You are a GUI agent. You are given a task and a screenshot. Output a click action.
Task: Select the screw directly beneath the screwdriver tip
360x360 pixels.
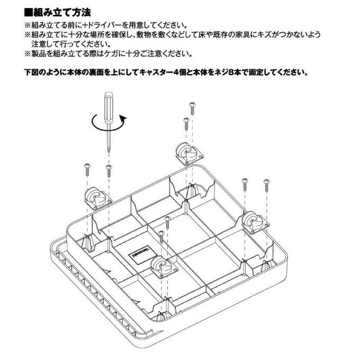click(109, 170)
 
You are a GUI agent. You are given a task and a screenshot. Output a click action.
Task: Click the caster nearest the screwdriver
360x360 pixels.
click(95, 199)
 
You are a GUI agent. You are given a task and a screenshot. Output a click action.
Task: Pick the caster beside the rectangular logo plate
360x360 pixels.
click(161, 265)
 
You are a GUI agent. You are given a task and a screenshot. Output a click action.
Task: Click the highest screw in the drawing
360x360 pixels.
click(192, 106)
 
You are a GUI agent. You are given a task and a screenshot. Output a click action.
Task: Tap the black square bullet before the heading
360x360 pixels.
click(30, 11)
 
